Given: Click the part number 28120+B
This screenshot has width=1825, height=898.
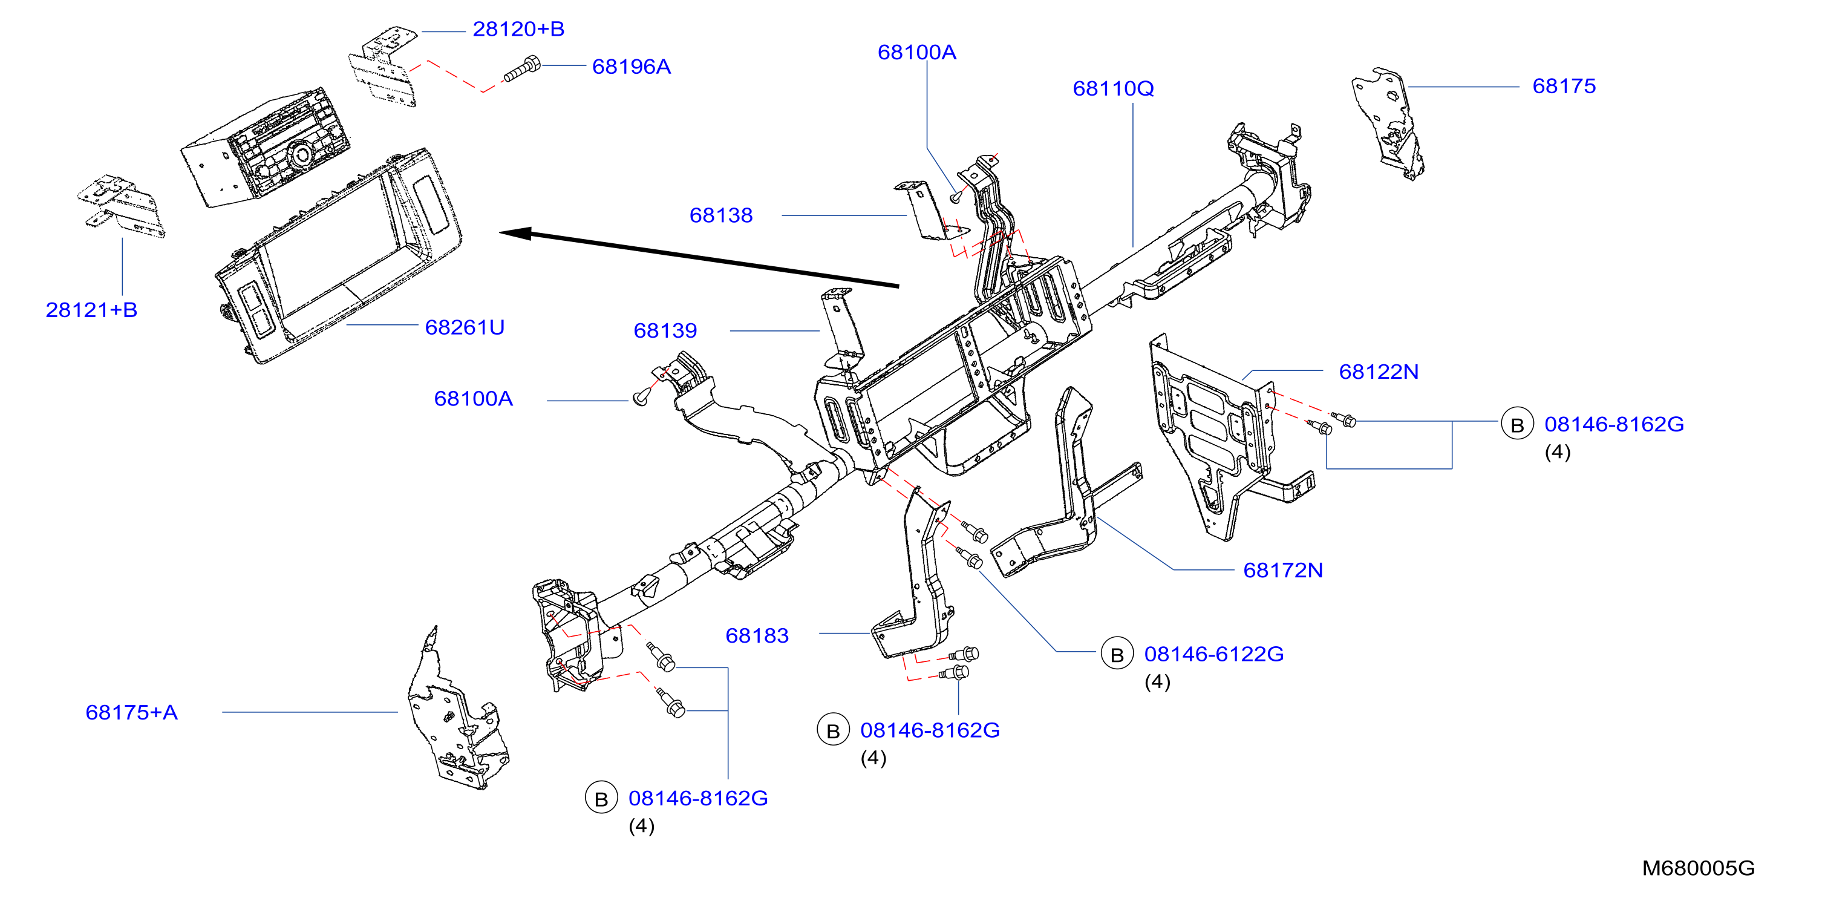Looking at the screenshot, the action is click(x=518, y=29).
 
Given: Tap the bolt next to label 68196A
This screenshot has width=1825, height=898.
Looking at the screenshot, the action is click(x=522, y=70).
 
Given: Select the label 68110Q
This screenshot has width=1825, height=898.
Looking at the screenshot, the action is click(x=1113, y=88).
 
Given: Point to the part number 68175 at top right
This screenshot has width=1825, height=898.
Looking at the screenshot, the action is click(x=1564, y=87).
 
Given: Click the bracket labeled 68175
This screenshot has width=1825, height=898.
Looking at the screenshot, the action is click(x=1389, y=124).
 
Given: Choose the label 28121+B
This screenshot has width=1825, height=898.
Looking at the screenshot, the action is click(x=91, y=310).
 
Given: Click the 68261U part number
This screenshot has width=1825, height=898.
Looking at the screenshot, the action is click(x=465, y=327).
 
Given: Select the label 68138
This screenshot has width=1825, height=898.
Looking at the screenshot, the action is click(x=720, y=215).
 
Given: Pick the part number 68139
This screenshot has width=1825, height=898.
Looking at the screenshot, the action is click(x=665, y=330).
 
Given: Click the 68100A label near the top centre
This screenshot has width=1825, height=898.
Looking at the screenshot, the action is click(x=917, y=53).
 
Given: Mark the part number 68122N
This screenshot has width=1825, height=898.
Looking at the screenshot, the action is click(x=1378, y=372).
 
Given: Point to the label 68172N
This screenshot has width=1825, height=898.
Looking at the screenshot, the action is click(x=1283, y=571).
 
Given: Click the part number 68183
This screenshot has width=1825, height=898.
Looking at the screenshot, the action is click(x=757, y=636).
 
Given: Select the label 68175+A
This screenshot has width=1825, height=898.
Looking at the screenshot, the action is click(x=131, y=712).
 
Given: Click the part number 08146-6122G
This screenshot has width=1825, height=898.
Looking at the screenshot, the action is click(x=1213, y=654).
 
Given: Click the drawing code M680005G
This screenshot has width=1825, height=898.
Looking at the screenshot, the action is click(x=1698, y=868).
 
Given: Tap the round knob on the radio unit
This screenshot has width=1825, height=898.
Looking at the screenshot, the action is click(x=301, y=154).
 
